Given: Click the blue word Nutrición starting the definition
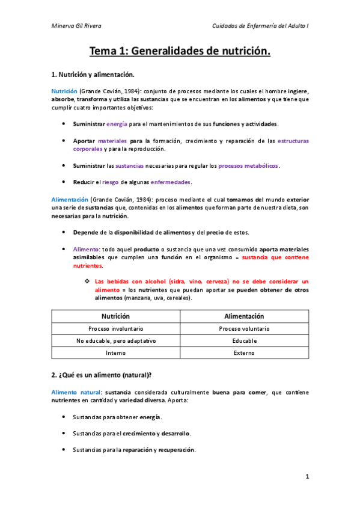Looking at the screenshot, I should tap(64, 91).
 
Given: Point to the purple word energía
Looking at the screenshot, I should tap(117, 124).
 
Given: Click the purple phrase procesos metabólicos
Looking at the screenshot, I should tap(249, 165).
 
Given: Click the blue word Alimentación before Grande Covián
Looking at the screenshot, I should tap(70, 199).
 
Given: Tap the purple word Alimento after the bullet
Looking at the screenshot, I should tap(86, 249).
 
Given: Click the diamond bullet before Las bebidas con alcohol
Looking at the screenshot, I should tap(88, 281).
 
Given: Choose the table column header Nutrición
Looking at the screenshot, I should tap(115, 316).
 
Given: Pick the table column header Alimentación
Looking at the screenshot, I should tap(244, 316).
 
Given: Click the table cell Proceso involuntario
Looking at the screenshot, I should tap(115, 329).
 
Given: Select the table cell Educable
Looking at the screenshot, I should tap(244, 340).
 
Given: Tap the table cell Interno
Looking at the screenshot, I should tap(115, 352).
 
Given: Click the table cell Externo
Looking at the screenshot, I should tap(244, 352).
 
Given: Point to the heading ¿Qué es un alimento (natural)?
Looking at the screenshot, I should tap(101, 375).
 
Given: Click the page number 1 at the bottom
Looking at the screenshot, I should tap(307, 477).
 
